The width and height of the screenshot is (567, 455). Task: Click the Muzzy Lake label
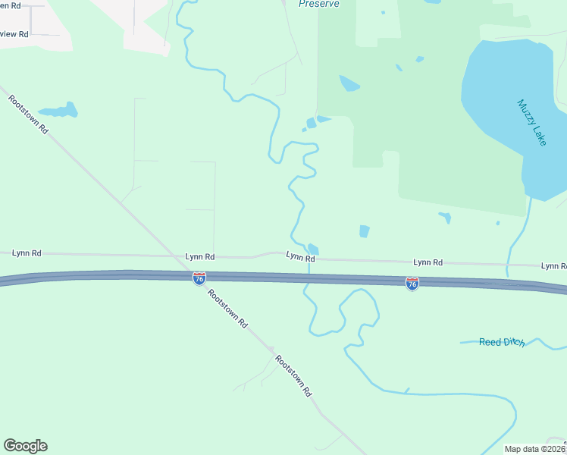tap(531, 122)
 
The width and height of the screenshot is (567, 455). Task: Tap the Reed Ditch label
tap(502, 342)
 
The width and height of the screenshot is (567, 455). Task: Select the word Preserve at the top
tap(318, 4)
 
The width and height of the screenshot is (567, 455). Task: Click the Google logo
tap(25, 446)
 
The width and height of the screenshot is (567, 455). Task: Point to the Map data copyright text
tap(535, 449)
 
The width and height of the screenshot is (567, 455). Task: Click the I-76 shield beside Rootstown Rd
tap(199, 278)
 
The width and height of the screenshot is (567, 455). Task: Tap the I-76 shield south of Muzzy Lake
tap(412, 284)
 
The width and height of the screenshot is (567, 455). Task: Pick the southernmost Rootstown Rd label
tap(293, 376)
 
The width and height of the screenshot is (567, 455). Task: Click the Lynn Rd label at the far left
tap(27, 253)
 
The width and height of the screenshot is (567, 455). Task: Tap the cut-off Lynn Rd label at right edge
tap(553, 266)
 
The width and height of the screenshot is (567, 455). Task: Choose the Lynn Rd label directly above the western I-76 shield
tap(200, 257)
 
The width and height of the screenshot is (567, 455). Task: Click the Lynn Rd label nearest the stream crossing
tap(300, 257)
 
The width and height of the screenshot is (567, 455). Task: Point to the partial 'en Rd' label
tap(11, 5)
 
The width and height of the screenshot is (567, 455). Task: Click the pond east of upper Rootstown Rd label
tap(59, 110)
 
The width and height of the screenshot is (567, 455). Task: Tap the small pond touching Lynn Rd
tap(314, 249)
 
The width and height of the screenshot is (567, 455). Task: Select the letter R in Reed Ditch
tap(483, 342)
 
